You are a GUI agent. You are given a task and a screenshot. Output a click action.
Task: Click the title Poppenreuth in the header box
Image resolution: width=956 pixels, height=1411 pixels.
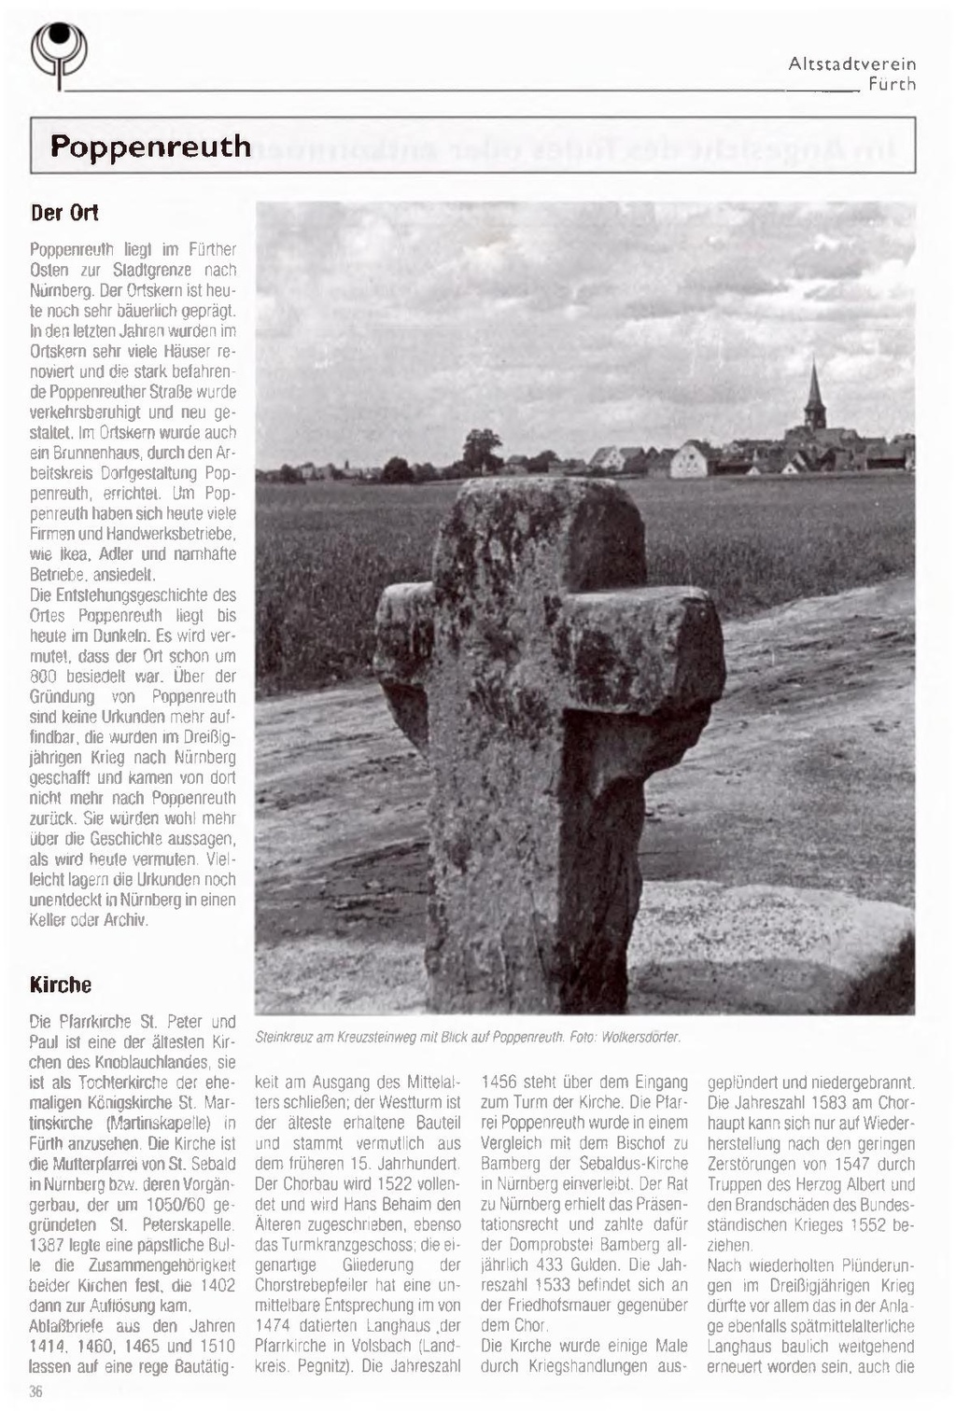[150, 147]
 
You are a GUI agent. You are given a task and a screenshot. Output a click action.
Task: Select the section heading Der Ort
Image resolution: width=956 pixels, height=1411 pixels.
[64, 212]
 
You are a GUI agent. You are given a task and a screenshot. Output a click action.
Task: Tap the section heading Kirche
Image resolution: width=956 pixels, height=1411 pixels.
[61, 985]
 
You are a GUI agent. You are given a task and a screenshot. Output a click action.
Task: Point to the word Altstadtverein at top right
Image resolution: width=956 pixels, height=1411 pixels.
[851, 63]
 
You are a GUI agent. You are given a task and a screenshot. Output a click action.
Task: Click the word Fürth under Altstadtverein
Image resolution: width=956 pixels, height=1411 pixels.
[892, 84]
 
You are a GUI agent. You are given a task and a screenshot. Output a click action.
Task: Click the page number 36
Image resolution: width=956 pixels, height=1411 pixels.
[36, 1392]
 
